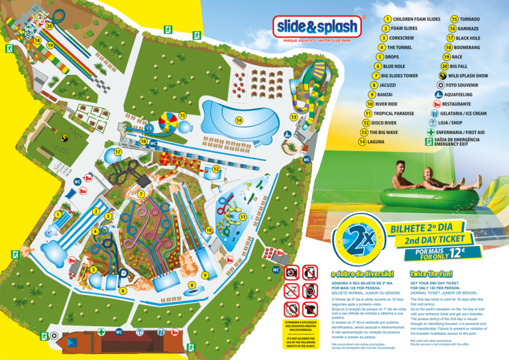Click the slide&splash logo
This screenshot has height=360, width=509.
[x=317, y=27]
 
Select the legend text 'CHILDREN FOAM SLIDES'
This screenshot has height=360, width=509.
[x=417, y=20]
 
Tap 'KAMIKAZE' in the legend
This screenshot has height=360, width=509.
[x=468, y=29]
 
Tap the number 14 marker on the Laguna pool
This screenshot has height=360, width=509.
[x=239, y=120]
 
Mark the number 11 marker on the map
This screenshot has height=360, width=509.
[x=244, y=217]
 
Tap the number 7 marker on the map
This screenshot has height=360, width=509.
[x=141, y=194]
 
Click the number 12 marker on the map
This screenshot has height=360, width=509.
[x=216, y=169]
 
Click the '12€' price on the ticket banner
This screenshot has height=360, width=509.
[x=458, y=253]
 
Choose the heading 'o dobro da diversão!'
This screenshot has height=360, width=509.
[x=363, y=274]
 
